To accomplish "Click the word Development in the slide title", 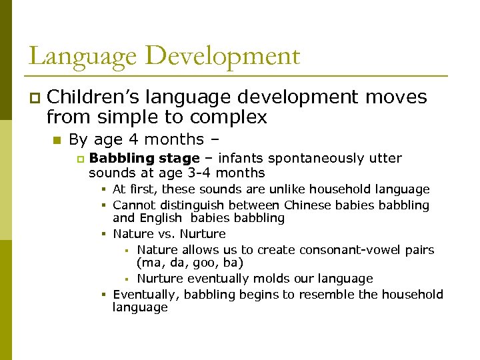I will coord(222,56).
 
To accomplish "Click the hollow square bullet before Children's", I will coord(33,98).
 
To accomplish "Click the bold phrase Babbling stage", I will coord(144,159).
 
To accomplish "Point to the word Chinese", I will coord(306,205).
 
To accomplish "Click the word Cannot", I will coord(133,205).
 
